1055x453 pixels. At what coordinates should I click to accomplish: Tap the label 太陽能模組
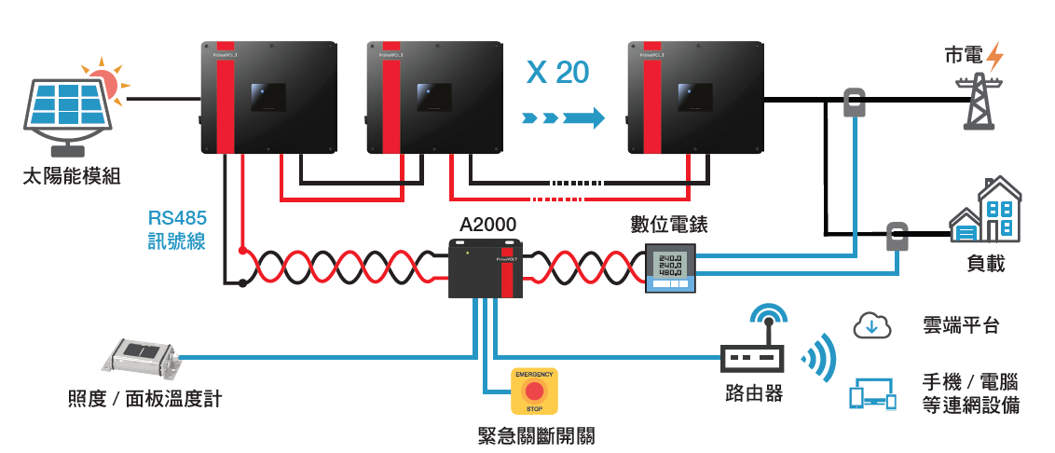click(72, 175)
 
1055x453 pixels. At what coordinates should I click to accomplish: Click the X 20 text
click(557, 73)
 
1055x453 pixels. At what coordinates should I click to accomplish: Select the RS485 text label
click(177, 218)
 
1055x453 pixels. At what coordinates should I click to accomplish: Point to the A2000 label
click(487, 225)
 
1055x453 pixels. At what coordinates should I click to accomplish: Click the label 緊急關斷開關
click(535, 435)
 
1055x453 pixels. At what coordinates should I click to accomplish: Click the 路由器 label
click(753, 392)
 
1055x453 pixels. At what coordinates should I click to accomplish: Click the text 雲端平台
click(960, 325)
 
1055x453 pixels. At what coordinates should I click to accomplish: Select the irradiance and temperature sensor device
click(142, 358)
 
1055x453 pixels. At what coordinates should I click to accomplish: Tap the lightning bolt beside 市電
click(994, 56)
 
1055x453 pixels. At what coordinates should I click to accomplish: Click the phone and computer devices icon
click(871, 393)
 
